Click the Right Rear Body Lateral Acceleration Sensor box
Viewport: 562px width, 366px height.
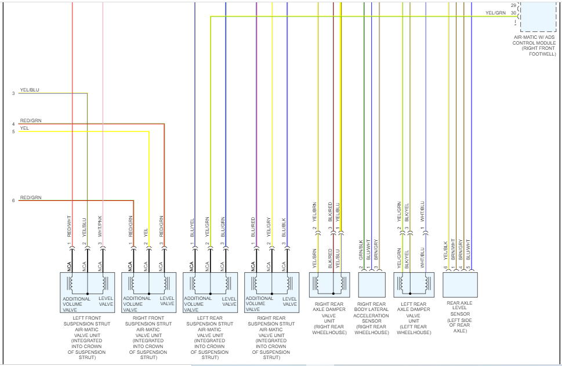pos(372,284)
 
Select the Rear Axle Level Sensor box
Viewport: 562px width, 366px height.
pos(460,284)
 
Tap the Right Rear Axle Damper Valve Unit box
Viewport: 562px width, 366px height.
pos(329,284)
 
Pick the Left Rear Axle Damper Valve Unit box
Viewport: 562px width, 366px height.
pos(414,284)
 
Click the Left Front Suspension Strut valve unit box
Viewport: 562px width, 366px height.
pos(87,292)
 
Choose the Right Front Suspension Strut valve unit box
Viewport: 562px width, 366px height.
pos(148,292)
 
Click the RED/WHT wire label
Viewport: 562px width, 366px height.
pos(70,226)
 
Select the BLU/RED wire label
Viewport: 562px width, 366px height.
pos(253,226)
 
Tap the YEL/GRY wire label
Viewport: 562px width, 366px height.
pos(269,226)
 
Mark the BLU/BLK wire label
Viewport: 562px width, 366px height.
pos(284,226)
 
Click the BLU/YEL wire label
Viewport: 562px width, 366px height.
pos(192,226)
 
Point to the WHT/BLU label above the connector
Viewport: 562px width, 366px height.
pos(423,211)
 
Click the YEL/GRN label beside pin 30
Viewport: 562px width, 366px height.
pos(495,13)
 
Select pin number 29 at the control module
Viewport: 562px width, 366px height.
pos(513,5)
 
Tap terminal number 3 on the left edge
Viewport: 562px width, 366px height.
pos(13,93)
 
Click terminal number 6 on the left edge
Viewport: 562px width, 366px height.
pos(13,201)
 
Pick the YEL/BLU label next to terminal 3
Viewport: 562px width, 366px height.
pos(30,90)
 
